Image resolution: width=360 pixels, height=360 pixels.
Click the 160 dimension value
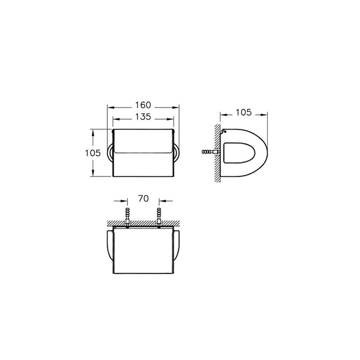pyautogui.click(x=143, y=105)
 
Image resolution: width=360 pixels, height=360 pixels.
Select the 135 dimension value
pyautogui.click(x=143, y=117)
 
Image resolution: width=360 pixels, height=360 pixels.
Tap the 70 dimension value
pyautogui.click(x=143, y=199)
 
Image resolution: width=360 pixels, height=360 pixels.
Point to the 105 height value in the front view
pyautogui.click(x=93, y=153)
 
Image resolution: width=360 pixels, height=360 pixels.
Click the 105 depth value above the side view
pyautogui.click(x=244, y=112)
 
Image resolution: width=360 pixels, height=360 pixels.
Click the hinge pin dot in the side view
pyautogui.click(x=225, y=132)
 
